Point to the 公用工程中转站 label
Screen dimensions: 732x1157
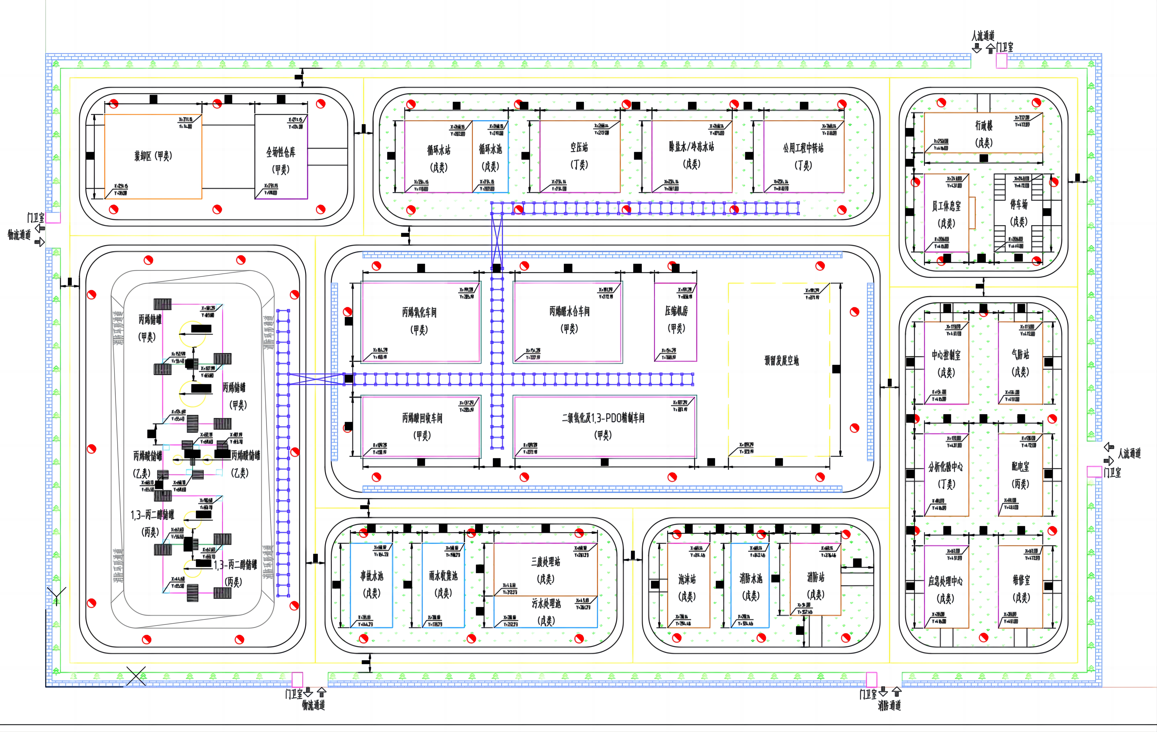coord(803,148)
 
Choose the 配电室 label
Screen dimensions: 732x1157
coord(1020,466)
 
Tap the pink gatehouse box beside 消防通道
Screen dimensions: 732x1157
coord(871,679)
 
